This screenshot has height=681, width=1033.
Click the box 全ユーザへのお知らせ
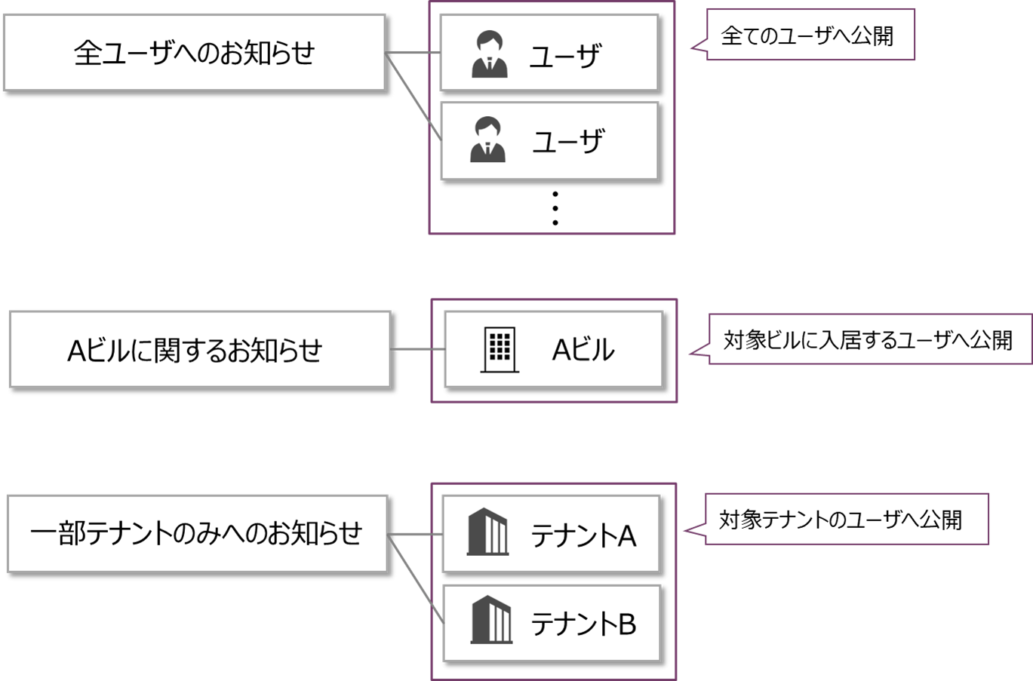[x=194, y=53]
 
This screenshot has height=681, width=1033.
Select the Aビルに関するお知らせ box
[x=200, y=349]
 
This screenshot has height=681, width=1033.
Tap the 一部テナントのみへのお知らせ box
[x=197, y=533]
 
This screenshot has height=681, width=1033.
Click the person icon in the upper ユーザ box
[x=490, y=54]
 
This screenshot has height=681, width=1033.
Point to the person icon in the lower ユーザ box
[x=488, y=140]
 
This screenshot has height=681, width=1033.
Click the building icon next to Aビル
[x=500, y=349]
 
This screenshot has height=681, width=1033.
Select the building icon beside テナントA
[x=487, y=532]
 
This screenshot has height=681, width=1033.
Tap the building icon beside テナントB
[x=491, y=620]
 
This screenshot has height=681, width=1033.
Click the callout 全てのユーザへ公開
[x=810, y=35]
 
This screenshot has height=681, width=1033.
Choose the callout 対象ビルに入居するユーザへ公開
[x=869, y=340]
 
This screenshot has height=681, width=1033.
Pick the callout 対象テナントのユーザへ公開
[x=845, y=520]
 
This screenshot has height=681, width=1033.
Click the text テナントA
[x=583, y=535]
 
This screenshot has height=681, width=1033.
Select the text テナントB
[x=583, y=624]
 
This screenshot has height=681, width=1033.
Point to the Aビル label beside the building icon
[x=583, y=350]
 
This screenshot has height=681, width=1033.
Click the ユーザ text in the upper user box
[x=565, y=56]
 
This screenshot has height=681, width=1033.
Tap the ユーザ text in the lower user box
[x=567, y=142]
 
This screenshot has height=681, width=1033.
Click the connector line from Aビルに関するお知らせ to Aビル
[x=417, y=349]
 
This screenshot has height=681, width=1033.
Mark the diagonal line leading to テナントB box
[x=416, y=579]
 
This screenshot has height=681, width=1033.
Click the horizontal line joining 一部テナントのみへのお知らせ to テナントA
[x=415, y=535]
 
